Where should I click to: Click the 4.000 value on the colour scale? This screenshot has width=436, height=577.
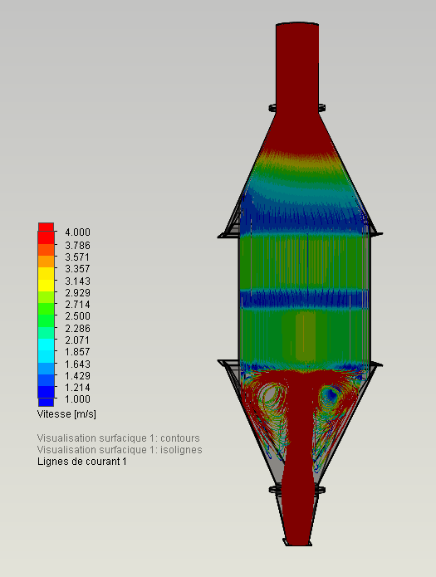click(x=78, y=232)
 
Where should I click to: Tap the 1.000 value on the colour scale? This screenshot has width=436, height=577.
click(x=78, y=399)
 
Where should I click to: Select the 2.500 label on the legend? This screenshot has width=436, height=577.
click(x=78, y=316)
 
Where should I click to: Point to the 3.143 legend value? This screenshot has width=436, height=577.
click(x=78, y=281)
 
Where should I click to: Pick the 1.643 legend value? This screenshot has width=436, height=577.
click(x=78, y=364)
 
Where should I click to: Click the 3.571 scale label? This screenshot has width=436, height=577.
click(x=78, y=257)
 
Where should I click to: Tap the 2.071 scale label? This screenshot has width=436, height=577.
click(x=78, y=340)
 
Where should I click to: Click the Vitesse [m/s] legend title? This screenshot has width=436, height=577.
click(x=66, y=414)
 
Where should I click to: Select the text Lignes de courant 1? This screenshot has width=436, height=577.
click(x=82, y=462)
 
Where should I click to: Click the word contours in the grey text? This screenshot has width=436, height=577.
click(x=180, y=438)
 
